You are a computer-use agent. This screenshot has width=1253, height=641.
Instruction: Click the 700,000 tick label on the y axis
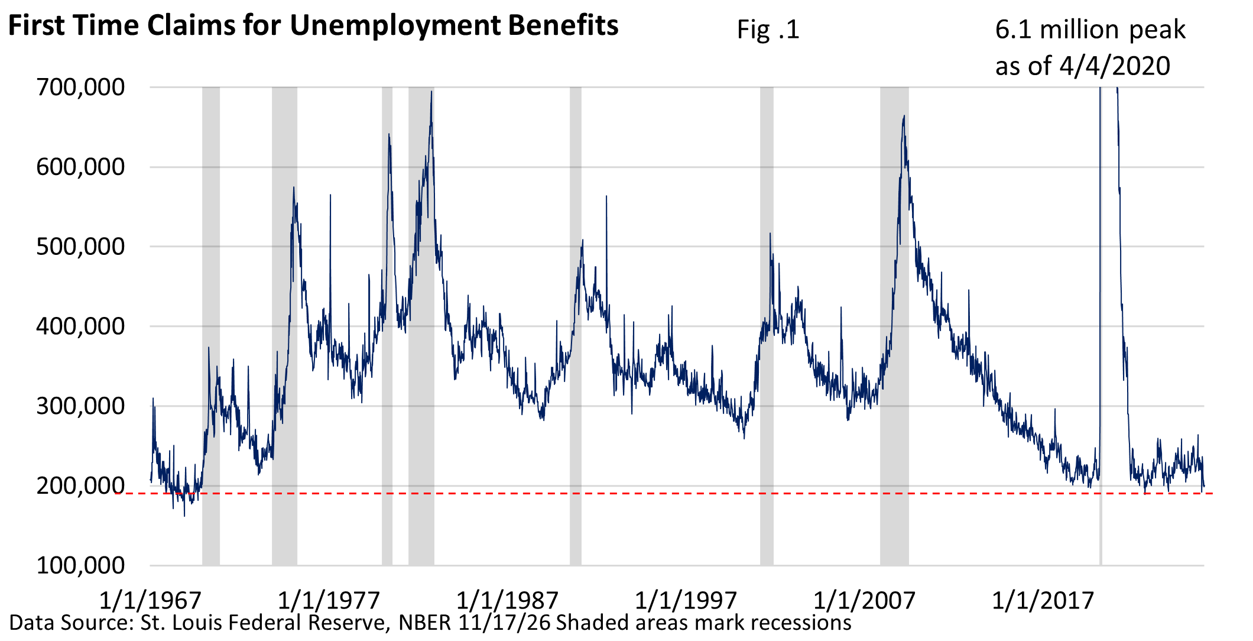coord(80,88)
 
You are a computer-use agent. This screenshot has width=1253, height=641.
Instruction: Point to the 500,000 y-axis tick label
coord(80,247)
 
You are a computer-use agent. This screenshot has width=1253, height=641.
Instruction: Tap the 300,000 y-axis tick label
coord(80,406)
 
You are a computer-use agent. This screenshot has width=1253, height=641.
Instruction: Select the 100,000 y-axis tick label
coord(80,566)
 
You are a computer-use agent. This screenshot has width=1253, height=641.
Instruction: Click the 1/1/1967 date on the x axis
coord(150,600)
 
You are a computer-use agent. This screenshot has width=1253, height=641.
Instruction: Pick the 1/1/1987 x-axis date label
coord(507,600)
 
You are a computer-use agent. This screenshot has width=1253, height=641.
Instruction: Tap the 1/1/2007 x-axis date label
coord(864,600)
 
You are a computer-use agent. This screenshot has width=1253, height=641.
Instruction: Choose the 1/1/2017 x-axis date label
coord(1043,600)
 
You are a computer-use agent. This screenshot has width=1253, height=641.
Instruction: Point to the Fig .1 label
coord(768,30)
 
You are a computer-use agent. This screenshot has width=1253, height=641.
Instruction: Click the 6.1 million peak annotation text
coord(1090,30)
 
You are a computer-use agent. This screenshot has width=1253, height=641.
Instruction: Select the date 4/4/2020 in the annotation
coord(1115,66)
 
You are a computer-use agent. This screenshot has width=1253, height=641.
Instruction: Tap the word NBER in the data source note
coord(424,623)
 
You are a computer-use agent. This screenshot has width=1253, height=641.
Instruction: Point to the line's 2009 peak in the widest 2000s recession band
coord(904,116)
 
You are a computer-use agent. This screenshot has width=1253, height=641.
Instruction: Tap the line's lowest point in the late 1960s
coord(184,516)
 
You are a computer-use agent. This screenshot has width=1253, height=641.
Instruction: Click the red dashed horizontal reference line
coord(650,493)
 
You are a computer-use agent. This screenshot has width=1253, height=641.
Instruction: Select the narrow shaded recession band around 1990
coord(575,325)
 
